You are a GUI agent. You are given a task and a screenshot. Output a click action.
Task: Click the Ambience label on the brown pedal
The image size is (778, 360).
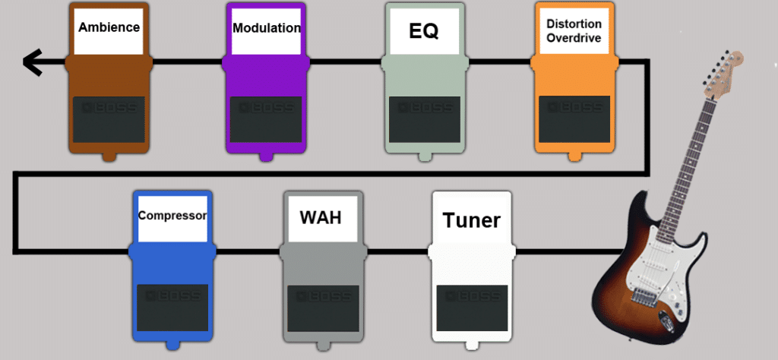[x=109, y=27]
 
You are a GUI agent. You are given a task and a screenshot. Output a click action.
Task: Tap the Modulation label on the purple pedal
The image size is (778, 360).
[x=266, y=28]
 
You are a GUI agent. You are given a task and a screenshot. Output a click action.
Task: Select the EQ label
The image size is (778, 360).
[x=423, y=32]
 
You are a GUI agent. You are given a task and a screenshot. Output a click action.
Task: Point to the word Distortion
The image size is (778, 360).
[x=574, y=24]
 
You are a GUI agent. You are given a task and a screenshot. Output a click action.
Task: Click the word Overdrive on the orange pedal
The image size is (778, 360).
[x=574, y=38]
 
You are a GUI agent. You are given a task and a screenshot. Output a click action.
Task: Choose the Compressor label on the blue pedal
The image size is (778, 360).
[x=172, y=216]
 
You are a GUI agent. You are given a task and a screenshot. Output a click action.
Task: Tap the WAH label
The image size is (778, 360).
[x=320, y=217]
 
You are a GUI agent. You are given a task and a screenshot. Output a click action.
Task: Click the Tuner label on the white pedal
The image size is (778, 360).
[x=471, y=220]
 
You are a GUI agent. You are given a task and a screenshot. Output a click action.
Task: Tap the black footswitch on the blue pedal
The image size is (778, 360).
[x=172, y=308]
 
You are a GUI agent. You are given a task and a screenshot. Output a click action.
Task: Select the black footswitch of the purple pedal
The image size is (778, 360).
[x=266, y=119]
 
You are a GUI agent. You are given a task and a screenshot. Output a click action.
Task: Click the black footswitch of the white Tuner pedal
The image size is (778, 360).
[x=471, y=308]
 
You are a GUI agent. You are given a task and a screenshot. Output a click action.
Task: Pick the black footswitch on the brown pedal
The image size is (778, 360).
[x=109, y=119]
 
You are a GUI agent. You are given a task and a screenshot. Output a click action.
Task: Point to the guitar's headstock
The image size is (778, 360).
[x=726, y=71]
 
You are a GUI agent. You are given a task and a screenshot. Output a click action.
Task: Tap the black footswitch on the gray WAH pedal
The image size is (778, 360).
[x=320, y=308]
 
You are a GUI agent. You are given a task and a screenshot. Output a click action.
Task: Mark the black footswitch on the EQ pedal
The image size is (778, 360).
[x=423, y=119]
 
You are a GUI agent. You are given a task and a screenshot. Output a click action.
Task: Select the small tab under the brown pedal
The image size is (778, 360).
[x=109, y=156]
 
